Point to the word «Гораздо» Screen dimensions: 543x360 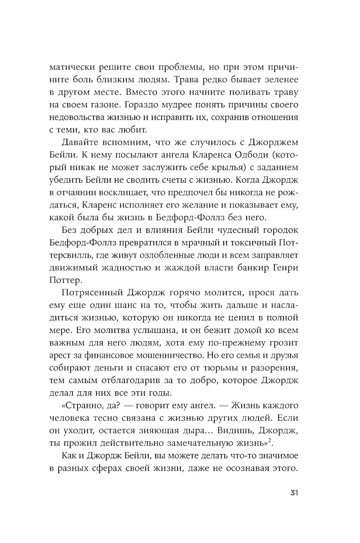(157, 105)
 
